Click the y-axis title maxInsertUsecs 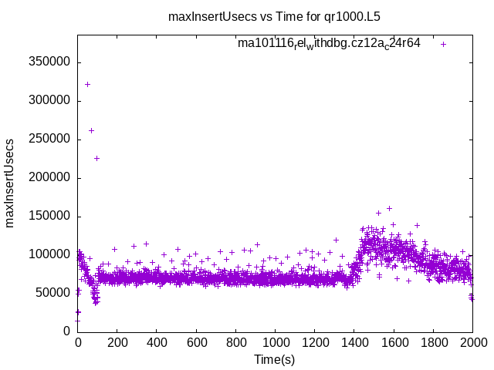[x=10, y=183]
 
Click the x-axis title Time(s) [x=274, y=359]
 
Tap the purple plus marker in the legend [x=443, y=44]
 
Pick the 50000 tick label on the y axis [x=54, y=293]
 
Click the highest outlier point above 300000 [x=87, y=84]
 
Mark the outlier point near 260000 [x=91, y=130]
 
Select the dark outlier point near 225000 [x=96, y=158]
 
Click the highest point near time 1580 [x=389, y=208]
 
